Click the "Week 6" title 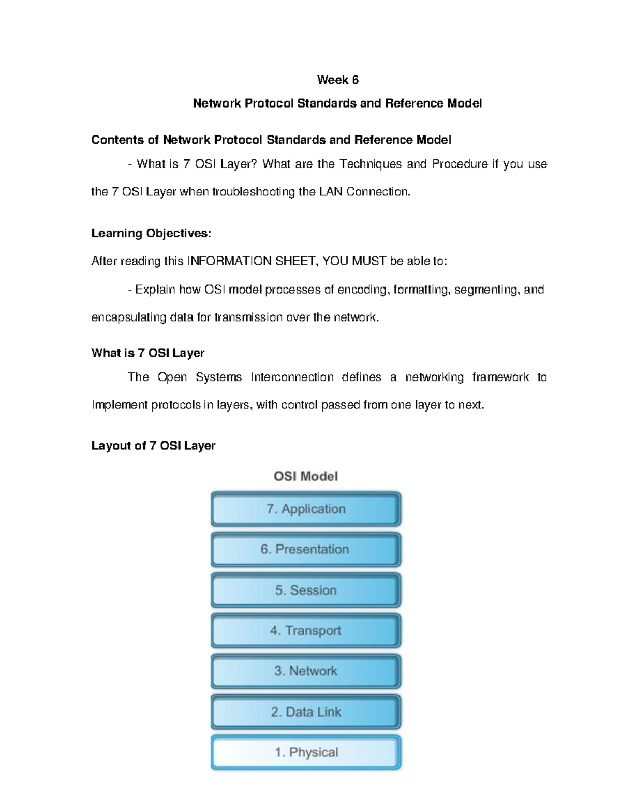337,80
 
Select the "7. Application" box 306,509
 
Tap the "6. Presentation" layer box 306,549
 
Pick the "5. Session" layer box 306,590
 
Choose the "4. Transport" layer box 306,631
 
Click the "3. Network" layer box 306,671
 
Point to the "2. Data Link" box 306,712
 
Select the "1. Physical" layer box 306,752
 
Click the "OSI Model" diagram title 306,476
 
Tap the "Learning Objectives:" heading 151,233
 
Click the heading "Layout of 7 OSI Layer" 153,446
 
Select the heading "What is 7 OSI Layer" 148,353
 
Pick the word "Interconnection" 292,377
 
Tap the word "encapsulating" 129,317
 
